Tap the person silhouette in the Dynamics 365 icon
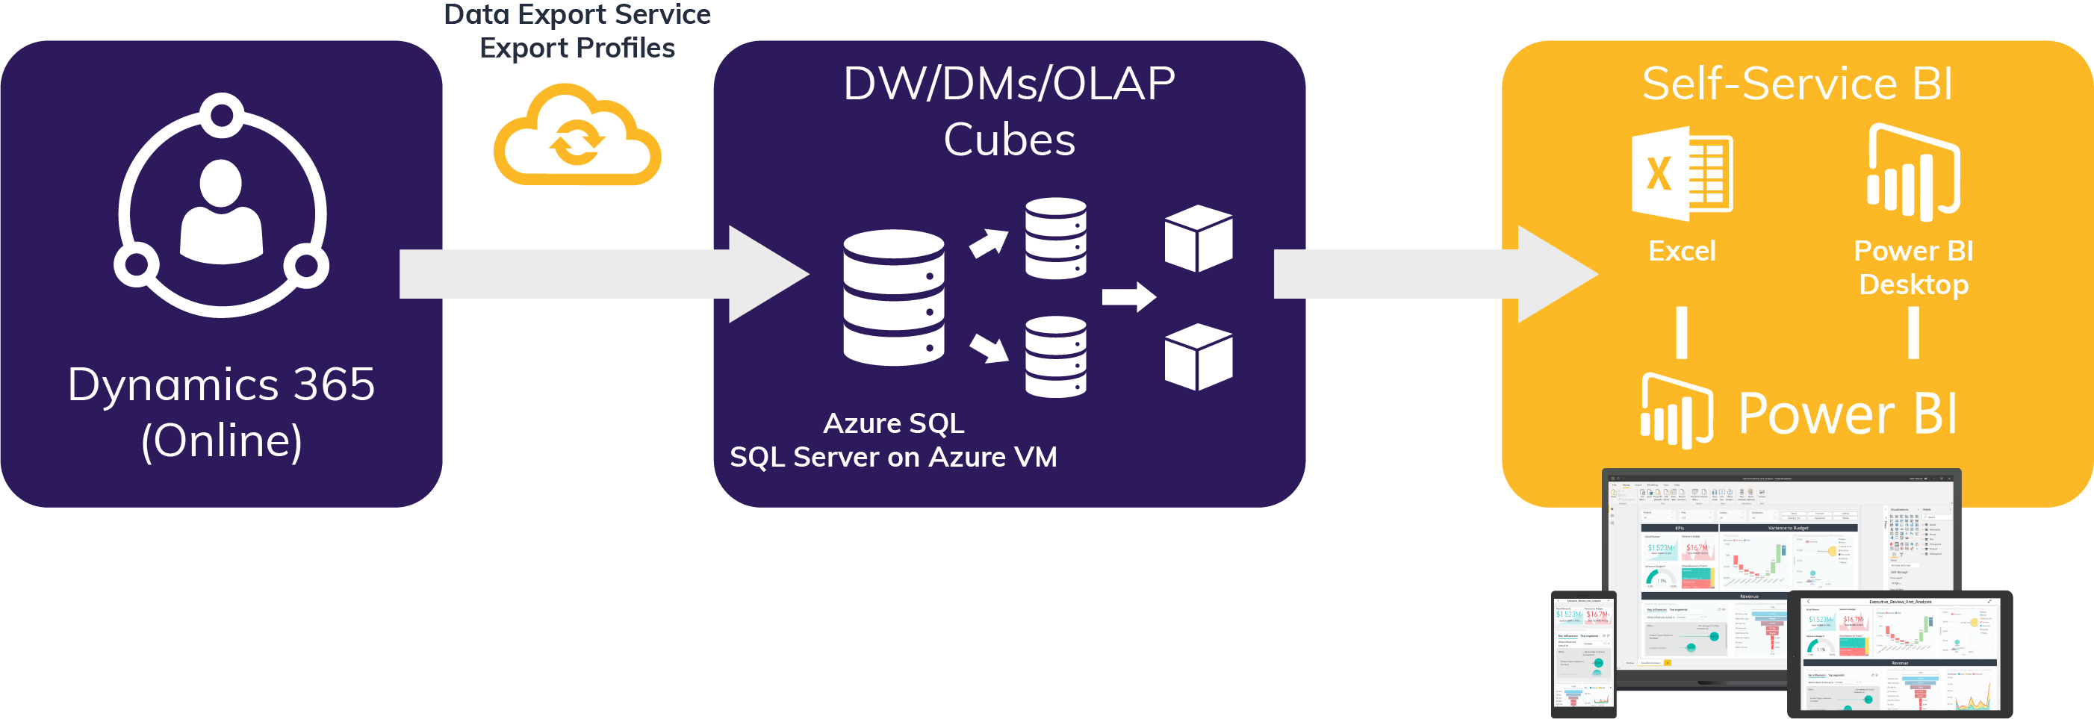tap(221, 213)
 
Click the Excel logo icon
tap(1682, 174)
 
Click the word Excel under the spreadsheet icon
tap(1681, 251)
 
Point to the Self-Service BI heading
tap(1798, 84)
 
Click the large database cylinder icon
tap(893, 297)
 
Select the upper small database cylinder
tap(1055, 239)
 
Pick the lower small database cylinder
tap(1055, 357)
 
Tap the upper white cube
tap(1198, 238)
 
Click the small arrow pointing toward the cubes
tap(1129, 297)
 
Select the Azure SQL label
tap(893, 423)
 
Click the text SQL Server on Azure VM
tap(893, 458)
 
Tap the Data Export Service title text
tap(577, 15)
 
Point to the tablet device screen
tap(1899, 653)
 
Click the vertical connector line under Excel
tap(1681, 332)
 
